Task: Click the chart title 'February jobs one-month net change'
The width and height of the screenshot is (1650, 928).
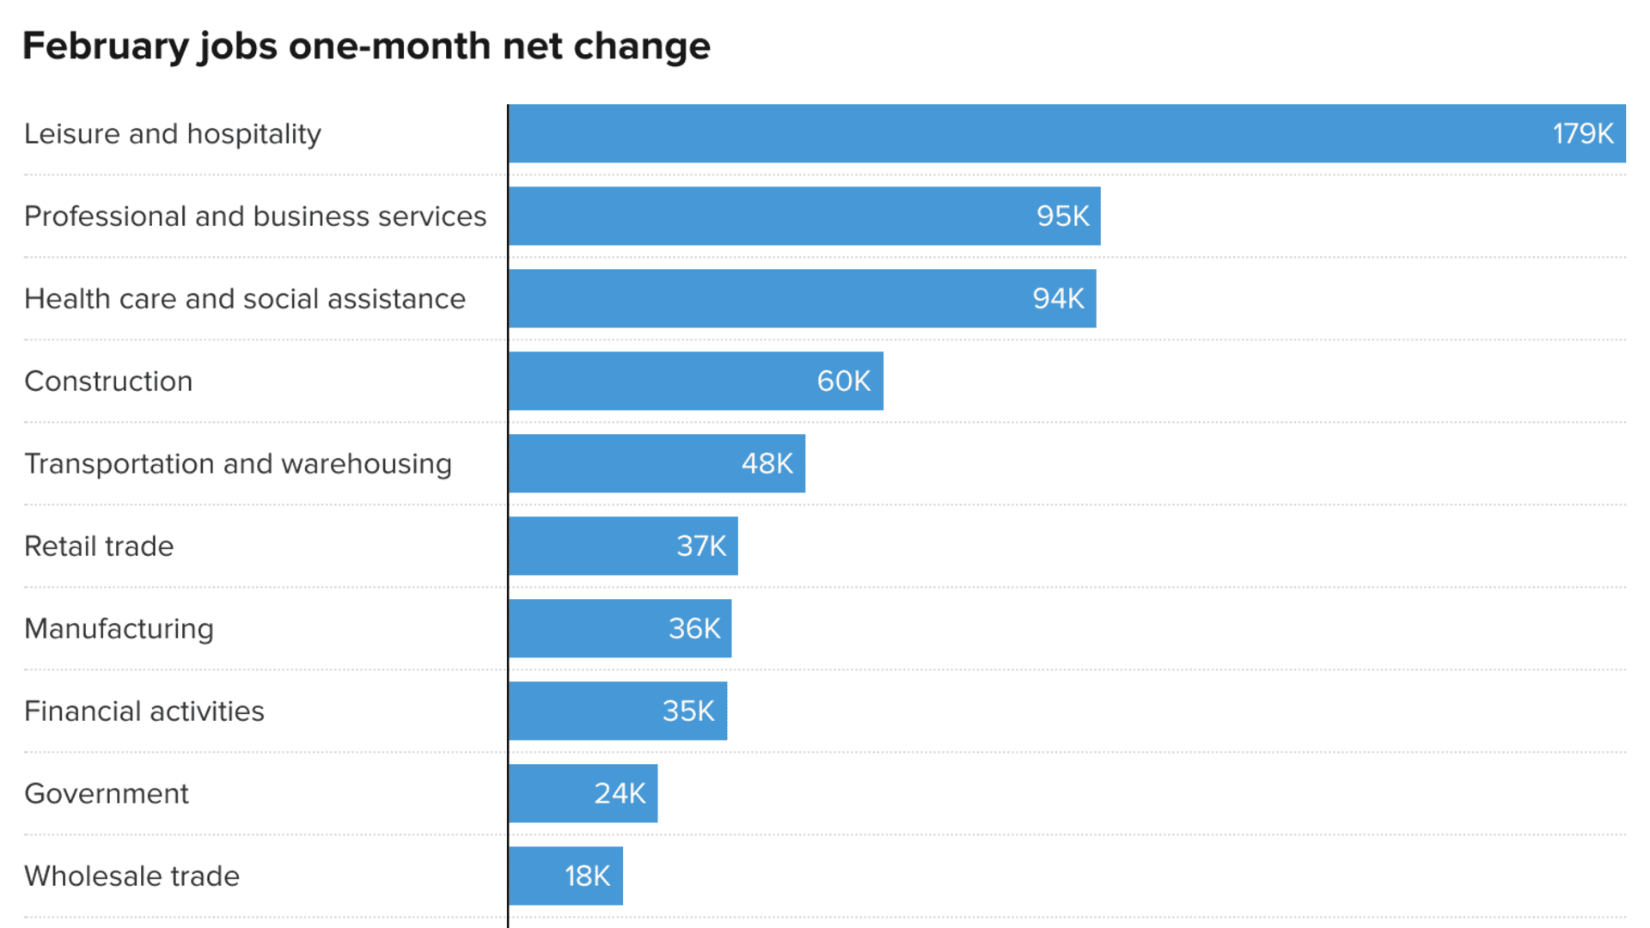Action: coord(366,46)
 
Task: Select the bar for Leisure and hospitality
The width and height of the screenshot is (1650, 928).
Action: coord(1067,133)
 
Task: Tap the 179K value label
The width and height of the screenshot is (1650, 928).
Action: coord(1583,134)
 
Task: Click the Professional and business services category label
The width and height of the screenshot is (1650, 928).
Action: coord(255,217)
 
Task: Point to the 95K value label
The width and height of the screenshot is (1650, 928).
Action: coord(1063,217)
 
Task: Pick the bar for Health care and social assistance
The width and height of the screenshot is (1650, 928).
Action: coord(803,298)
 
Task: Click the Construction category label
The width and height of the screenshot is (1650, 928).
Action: coord(108,382)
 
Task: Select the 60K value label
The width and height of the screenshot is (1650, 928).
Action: coord(844,382)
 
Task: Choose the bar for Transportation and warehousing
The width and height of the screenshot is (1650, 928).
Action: coord(657,463)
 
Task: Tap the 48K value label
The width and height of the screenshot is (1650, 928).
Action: coord(767,464)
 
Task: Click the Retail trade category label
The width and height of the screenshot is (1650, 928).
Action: coord(99,546)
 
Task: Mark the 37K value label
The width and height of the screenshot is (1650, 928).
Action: coord(701,546)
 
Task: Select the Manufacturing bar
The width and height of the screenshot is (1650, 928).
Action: coord(620,628)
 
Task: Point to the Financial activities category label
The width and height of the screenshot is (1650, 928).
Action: coord(144,711)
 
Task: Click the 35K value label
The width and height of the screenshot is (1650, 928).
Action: coord(688,711)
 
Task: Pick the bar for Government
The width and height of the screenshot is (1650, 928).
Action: coord(584,793)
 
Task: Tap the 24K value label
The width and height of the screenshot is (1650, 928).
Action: coord(620,794)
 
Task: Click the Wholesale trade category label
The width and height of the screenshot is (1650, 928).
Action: coord(132,876)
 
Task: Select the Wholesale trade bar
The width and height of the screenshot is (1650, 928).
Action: coord(566,876)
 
